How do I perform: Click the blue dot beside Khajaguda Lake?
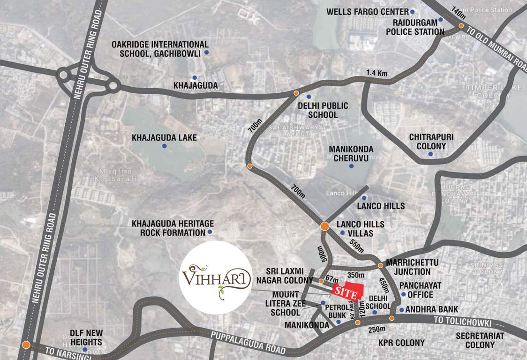[x=164, y=146]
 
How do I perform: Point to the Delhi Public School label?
[x=323, y=110]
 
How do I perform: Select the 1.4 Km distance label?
[x=377, y=73]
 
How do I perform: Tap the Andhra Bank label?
[x=431, y=309]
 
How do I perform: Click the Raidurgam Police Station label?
[x=414, y=28]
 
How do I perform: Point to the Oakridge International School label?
[x=156, y=49]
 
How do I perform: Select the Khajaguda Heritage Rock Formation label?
[x=173, y=228]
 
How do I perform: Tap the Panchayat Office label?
[x=416, y=290]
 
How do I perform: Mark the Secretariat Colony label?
[x=480, y=340]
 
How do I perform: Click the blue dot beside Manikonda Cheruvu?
[x=351, y=166]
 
